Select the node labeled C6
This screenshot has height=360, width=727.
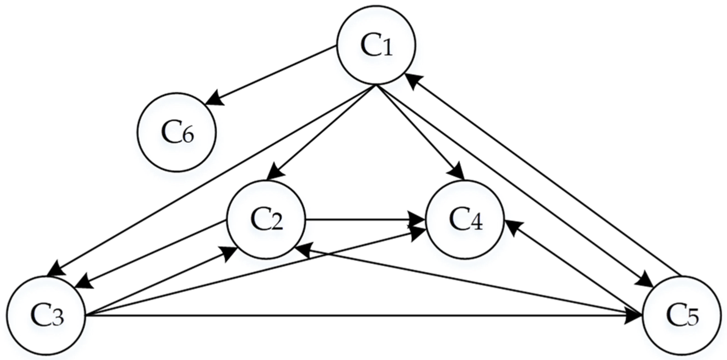177,132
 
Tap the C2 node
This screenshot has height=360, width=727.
266,220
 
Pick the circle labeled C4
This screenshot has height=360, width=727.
465,220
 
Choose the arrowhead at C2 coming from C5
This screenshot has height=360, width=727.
304,249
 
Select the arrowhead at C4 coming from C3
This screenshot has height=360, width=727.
420,232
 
